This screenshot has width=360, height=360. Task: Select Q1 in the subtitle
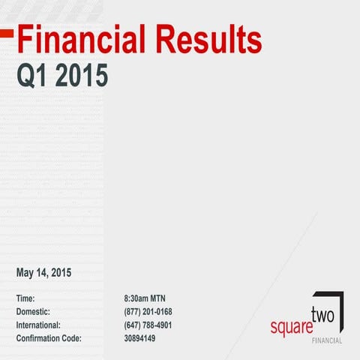[x=33, y=75]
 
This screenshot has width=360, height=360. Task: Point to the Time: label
[x=26, y=298]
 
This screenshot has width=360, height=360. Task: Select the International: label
[x=38, y=325]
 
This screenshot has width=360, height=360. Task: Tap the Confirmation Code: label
[x=49, y=339]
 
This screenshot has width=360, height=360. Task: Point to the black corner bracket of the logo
[x=341, y=300]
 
